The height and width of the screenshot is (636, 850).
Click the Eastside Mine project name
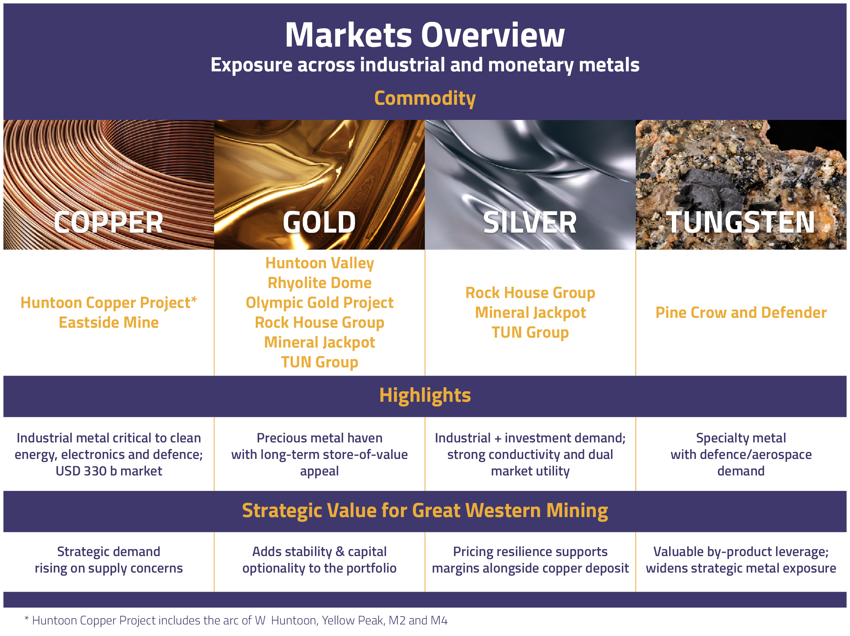[109, 322]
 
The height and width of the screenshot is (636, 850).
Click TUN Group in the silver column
[530, 332]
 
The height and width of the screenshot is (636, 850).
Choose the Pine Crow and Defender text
[741, 313]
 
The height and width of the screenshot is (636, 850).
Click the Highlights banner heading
[425, 395]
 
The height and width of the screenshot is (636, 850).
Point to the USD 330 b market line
[109, 471]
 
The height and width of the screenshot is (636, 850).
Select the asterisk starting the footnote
[26, 618]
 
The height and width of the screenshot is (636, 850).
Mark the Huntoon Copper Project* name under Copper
[109, 303]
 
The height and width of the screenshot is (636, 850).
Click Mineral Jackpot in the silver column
[530, 313]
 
